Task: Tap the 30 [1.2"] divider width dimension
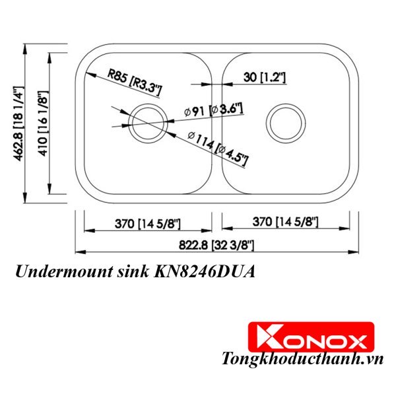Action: click(263, 79)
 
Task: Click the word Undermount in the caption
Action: click(55, 271)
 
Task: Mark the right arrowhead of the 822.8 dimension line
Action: click(357, 252)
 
